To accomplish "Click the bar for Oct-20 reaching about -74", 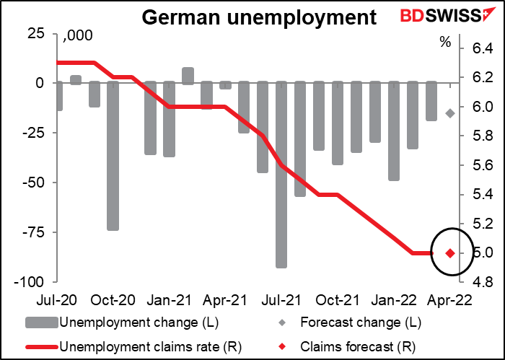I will [x=113, y=156].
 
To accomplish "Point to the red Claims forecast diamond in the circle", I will [x=450, y=253].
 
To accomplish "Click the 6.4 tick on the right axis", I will [x=482, y=48].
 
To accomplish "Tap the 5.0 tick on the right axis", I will [x=482, y=253].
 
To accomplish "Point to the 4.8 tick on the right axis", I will [x=482, y=281].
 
